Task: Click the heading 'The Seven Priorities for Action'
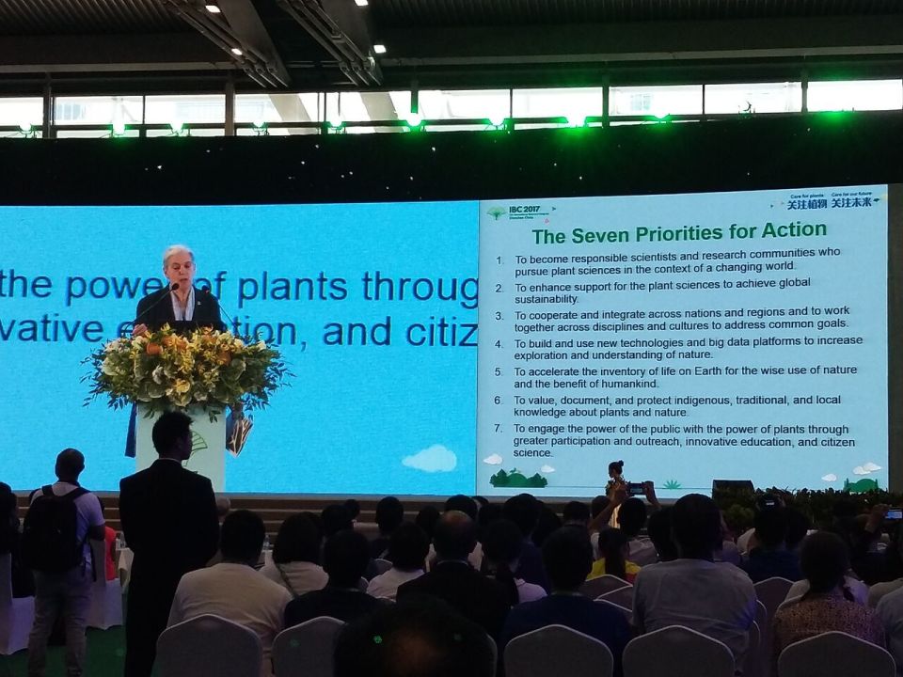(679, 231)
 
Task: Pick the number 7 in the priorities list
(499, 429)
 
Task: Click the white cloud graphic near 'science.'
(430, 459)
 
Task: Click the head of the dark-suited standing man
(171, 435)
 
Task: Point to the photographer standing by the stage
(615, 480)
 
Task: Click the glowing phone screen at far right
(892, 513)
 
